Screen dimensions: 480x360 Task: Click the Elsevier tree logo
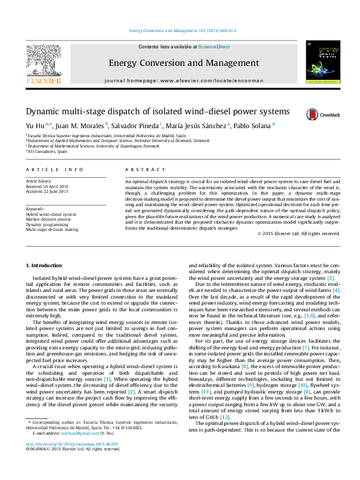pyautogui.click(x=42, y=61)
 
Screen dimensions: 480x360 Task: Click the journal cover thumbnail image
pyautogui.click(x=322, y=62)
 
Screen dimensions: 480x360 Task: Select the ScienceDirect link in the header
pyautogui.click(x=214, y=47)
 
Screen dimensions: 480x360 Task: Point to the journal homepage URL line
pyautogui.click(x=184, y=80)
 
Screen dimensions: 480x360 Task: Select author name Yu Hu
pyautogui.click(x=34, y=125)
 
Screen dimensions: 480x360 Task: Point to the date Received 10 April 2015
pyautogui.click(x=47, y=186)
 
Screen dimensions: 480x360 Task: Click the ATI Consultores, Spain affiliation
pyautogui.click(x=47, y=152)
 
